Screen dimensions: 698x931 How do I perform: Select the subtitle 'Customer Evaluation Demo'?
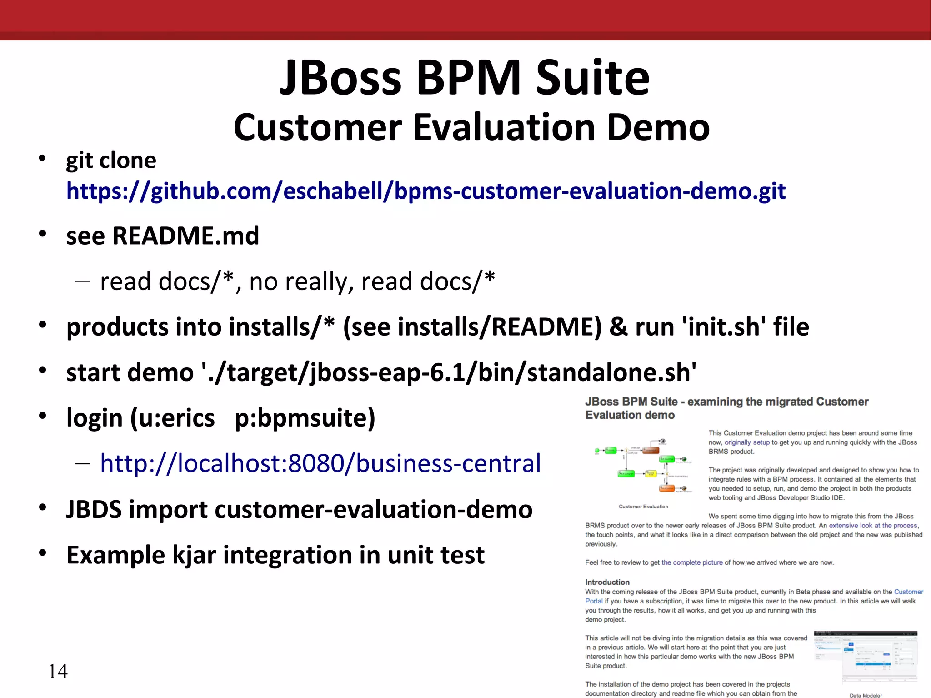471,127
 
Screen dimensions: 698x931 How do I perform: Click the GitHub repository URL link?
425,191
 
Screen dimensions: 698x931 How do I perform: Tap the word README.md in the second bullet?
185,236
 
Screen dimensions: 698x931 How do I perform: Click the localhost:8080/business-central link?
320,463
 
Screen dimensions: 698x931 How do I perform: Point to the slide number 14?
58,671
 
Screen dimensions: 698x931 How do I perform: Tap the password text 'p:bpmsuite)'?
305,418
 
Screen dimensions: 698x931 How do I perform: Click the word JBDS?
94,509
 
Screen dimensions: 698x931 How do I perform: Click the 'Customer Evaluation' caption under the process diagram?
643,507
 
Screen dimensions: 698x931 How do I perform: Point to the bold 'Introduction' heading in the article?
607,582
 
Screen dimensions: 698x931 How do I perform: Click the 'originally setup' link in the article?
747,442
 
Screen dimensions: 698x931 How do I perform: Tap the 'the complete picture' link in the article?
691,562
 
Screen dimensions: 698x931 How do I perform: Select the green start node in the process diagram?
597,451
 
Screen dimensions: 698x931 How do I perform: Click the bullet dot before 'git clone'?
42,158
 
